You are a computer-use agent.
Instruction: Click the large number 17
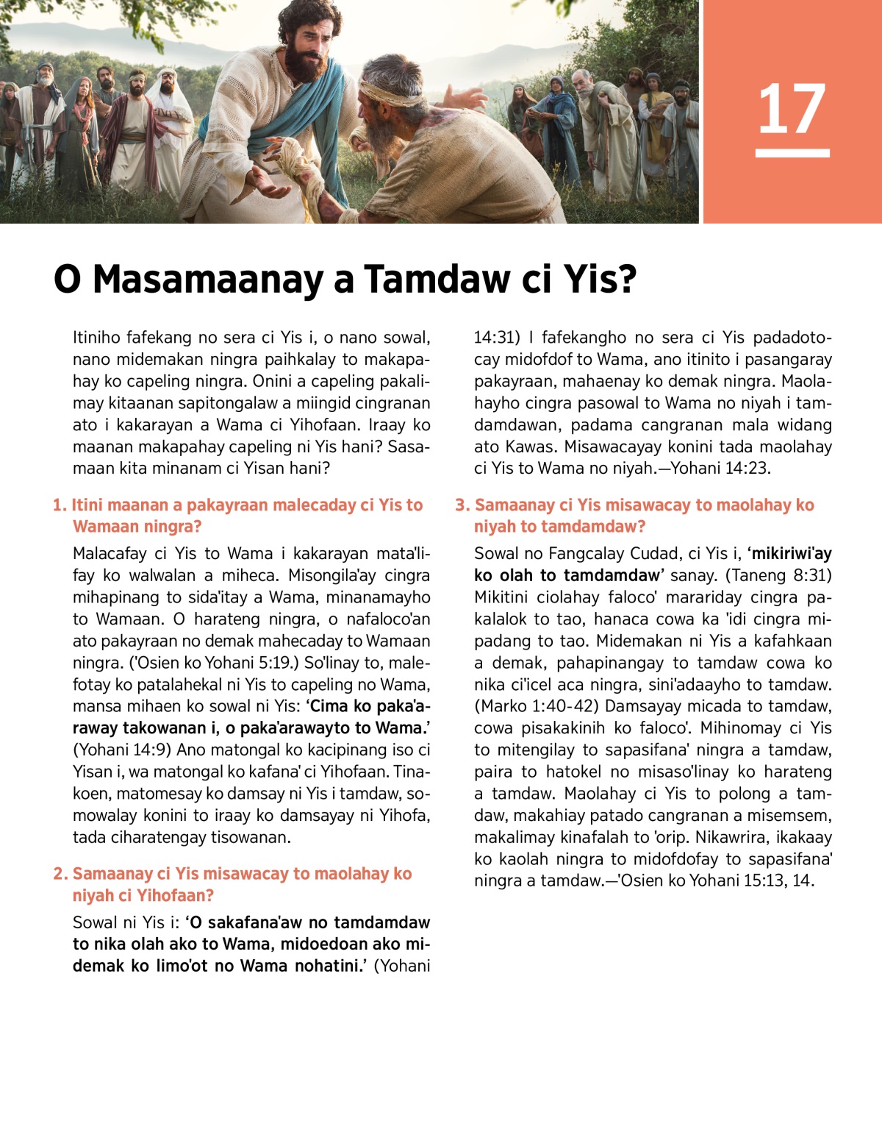point(792,110)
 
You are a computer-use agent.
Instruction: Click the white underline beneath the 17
point(792,153)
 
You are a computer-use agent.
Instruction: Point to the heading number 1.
point(59,505)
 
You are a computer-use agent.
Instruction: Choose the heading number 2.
point(60,874)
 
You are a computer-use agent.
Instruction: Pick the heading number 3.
point(462,505)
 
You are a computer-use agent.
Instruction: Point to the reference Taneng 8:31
point(779,576)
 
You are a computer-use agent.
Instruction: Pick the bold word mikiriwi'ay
point(790,554)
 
